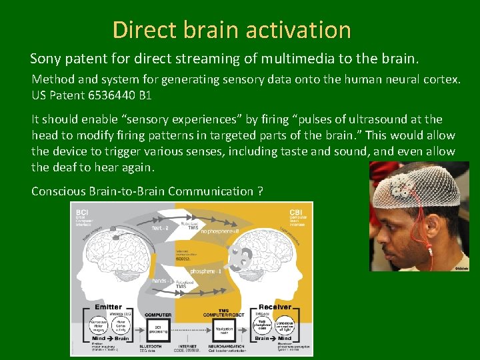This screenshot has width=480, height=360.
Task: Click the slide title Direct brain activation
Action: [231, 30]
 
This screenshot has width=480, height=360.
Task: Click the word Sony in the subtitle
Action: [46, 58]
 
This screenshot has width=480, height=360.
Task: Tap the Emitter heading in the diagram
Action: [108, 307]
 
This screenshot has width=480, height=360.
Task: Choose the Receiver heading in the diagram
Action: [274, 307]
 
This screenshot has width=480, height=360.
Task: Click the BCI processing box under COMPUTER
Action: [159, 329]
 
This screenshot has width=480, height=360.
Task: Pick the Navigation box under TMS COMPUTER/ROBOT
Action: [223, 329]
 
